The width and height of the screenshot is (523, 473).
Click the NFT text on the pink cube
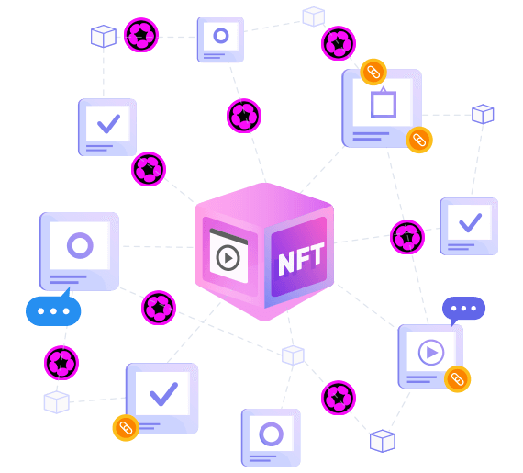tap(301, 259)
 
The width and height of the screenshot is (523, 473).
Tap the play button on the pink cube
tap(228, 258)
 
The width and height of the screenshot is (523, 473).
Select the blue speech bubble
tap(53, 310)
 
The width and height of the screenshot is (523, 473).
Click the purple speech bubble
tap(463, 310)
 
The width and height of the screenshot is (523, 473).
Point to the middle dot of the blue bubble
tap(53, 311)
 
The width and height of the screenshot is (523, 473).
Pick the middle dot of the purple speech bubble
tap(463, 308)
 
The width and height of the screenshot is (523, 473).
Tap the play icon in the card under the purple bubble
tap(431, 352)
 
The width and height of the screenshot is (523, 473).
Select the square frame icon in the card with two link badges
tap(384, 104)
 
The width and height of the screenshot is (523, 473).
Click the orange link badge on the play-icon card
tap(457, 379)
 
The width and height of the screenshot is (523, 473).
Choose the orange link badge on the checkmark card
tap(126, 428)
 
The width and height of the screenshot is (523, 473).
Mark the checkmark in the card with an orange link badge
tap(163, 394)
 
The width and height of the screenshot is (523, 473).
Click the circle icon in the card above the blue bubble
tap(80, 245)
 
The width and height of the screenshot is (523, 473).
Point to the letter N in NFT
tap(285, 264)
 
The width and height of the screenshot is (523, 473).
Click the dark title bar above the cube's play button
tap(228, 236)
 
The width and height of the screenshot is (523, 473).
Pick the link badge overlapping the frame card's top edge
tap(373, 73)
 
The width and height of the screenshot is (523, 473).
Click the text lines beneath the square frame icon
tap(371, 136)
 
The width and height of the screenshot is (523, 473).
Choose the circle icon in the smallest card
tap(221, 36)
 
